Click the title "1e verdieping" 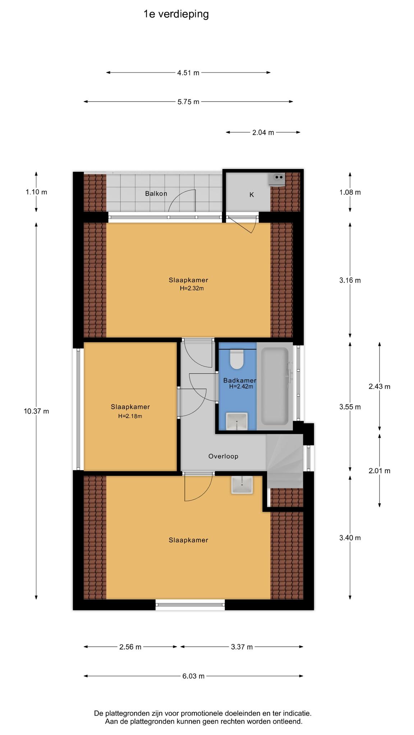pos(176,14)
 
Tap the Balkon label pos(156,193)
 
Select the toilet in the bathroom pos(237,359)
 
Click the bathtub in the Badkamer pos(275,386)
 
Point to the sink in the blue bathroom pos(237,421)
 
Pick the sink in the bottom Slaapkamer pos(242,484)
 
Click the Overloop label pos(223,456)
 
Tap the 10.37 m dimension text pos(36,411)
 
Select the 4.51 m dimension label pos(188,73)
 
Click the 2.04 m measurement pos(263,132)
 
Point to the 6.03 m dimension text pos(193,676)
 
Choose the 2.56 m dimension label pos(130,647)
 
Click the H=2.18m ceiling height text pos(130,416)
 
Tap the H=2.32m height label pos(192,288)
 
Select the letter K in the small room pos(252,195)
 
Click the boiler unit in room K pos(277,179)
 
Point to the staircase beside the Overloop pos(285,461)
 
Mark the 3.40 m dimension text pos(350,538)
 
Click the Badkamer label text pos(240,380)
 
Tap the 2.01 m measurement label pos(379,471)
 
